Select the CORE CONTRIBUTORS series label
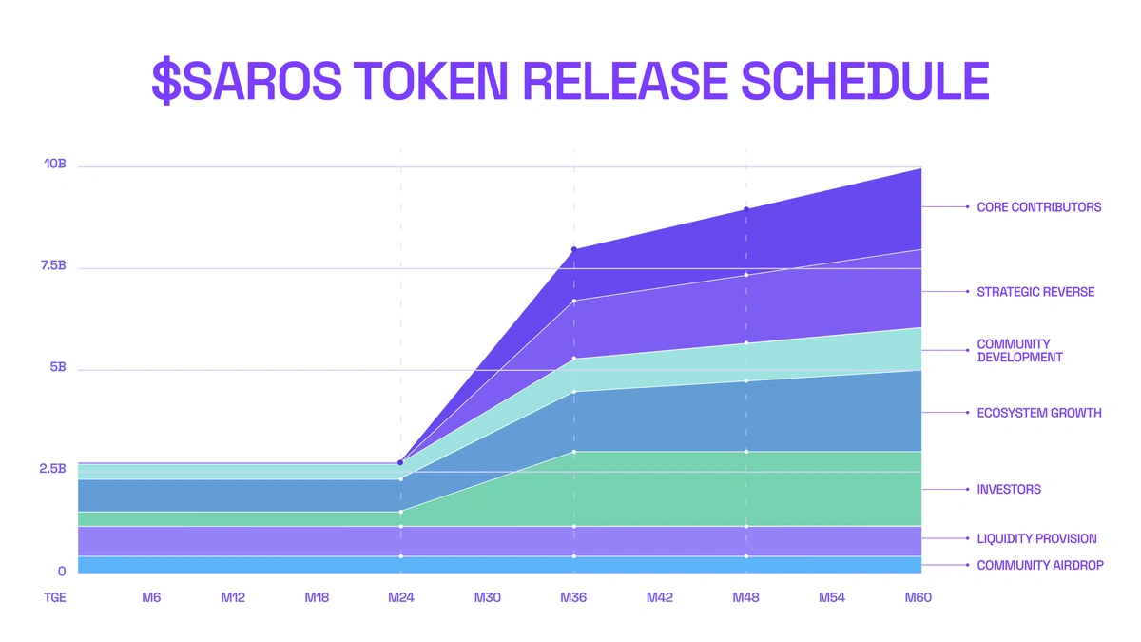tap(1038, 206)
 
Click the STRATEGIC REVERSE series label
tap(1035, 292)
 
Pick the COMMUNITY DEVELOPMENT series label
tap(1019, 351)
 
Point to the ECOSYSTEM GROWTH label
tap(1038, 413)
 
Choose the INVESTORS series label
tap(1008, 490)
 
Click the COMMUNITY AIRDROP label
tap(1040, 565)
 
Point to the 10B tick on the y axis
tap(54, 165)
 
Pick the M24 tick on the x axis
tap(401, 598)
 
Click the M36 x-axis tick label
tap(573, 598)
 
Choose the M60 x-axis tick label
tap(918, 598)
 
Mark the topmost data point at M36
tap(573, 249)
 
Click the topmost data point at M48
tap(746, 209)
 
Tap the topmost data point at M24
tap(400, 462)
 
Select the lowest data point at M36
tap(573, 556)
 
